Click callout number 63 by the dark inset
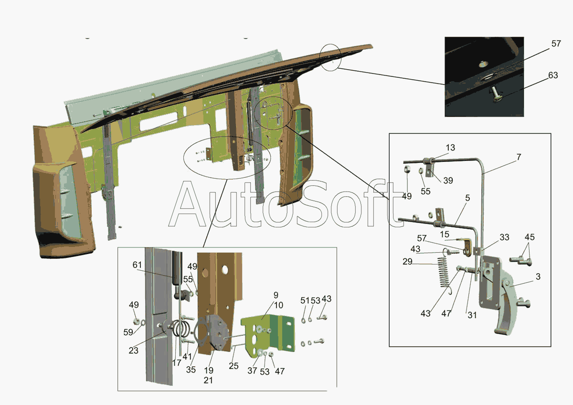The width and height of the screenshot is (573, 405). click(x=553, y=75)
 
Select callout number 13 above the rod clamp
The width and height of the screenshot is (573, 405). click(x=450, y=148)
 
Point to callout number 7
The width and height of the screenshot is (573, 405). click(x=519, y=157)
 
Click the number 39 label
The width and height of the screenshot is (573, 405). click(x=448, y=181)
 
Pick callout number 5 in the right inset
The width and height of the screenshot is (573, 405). click(x=467, y=198)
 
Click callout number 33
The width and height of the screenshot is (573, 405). click(x=504, y=237)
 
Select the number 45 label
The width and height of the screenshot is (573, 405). click(x=530, y=237)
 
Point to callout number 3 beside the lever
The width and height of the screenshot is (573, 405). click(x=538, y=277)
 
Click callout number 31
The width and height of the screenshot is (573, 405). click(x=472, y=315)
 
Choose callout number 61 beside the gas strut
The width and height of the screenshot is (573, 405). click(x=137, y=265)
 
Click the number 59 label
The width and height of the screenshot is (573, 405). click(x=128, y=332)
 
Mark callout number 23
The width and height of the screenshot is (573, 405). click(x=133, y=350)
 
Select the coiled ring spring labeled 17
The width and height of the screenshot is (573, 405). click(x=180, y=328)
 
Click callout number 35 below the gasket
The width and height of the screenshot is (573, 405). click(x=191, y=370)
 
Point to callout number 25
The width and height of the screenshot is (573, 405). click(x=233, y=366)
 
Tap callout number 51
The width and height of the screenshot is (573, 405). click(x=305, y=300)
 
